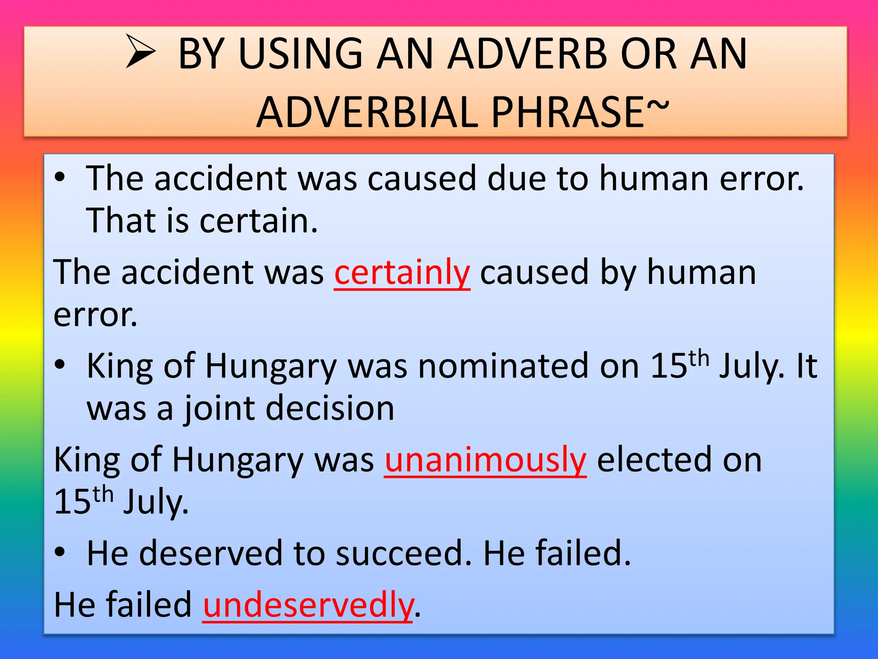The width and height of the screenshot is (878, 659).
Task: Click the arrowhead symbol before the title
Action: [x=141, y=52]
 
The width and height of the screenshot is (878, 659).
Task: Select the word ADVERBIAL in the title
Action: [x=367, y=112]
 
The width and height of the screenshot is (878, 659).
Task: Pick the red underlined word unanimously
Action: [x=485, y=460]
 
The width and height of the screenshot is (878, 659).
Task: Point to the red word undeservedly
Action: [x=308, y=605]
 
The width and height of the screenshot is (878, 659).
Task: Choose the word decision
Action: [x=330, y=408]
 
